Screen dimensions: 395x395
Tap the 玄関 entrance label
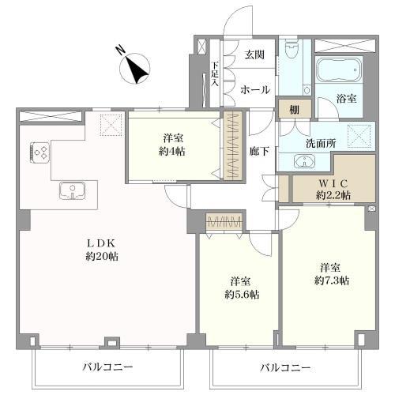point(253,55)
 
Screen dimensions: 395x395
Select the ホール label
point(254,89)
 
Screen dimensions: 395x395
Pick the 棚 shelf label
point(293,110)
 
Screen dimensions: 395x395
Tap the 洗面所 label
point(322,144)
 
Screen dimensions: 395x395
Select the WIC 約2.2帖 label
point(333,187)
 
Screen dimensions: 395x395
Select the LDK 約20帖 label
point(103,249)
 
